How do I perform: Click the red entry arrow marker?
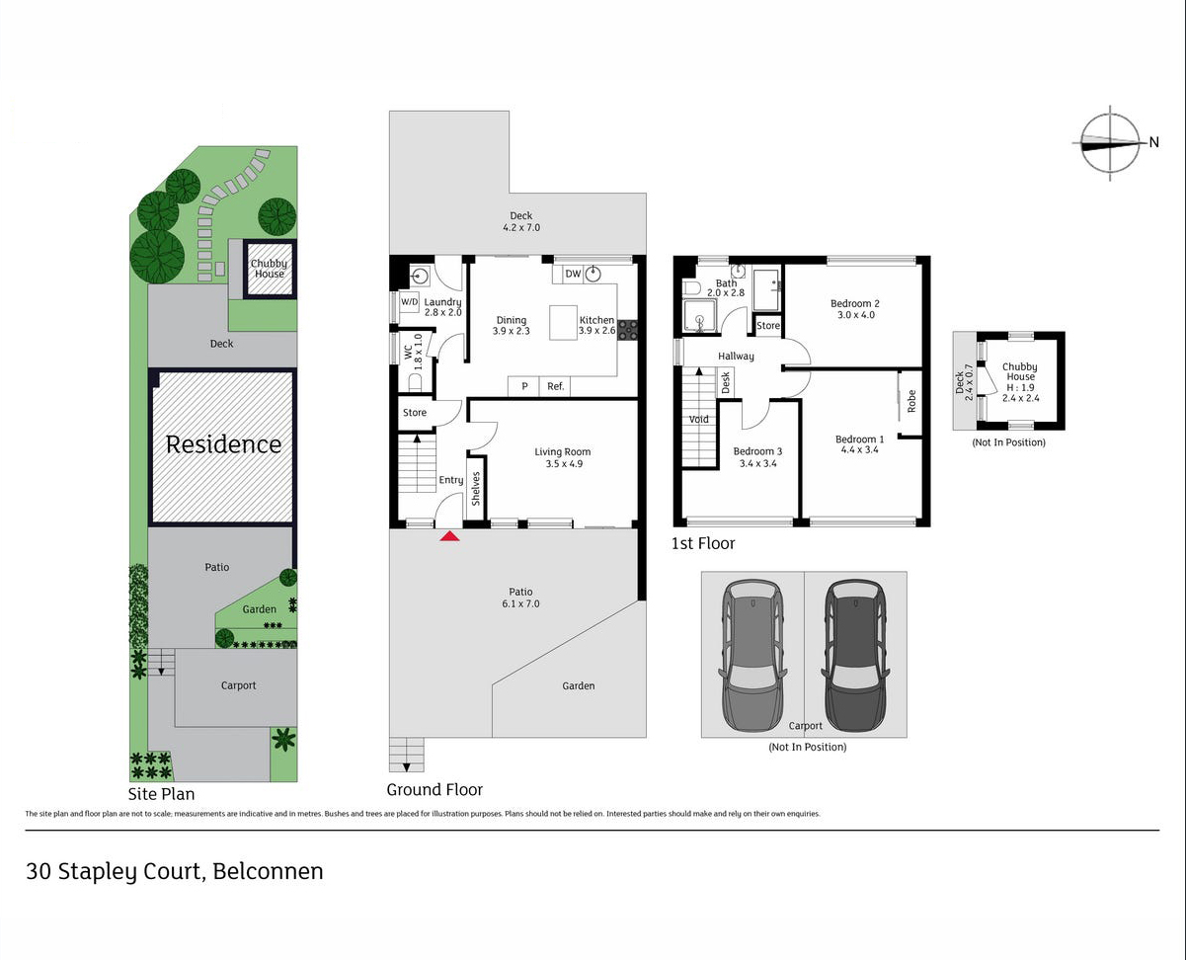tap(449, 536)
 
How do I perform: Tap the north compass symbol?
tap(1110, 142)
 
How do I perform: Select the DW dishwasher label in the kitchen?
tap(573, 275)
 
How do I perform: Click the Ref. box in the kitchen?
tap(556, 386)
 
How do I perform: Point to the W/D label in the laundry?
tap(409, 301)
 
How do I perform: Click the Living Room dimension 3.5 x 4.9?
tap(563, 463)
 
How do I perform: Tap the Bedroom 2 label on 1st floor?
tap(854, 303)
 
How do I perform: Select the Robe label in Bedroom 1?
tap(911, 400)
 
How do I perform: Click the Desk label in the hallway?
tap(725, 381)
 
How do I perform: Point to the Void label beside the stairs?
tap(699, 420)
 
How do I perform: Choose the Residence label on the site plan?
tap(223, 444)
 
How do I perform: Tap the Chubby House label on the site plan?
tap(269, 269)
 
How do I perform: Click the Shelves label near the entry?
tap(476, 489)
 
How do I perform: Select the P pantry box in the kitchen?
tap(524, 386)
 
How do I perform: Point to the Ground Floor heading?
tap(435, 789)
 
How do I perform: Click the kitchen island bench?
tap(563, 322)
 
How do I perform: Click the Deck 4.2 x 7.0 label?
tap(520, 221)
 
